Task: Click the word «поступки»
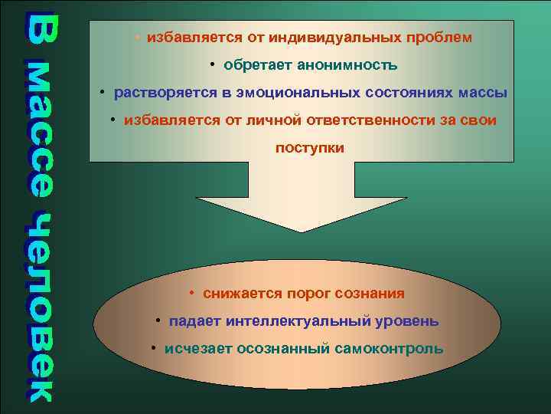tap(309, 148)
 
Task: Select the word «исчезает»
tap(198, 349)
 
